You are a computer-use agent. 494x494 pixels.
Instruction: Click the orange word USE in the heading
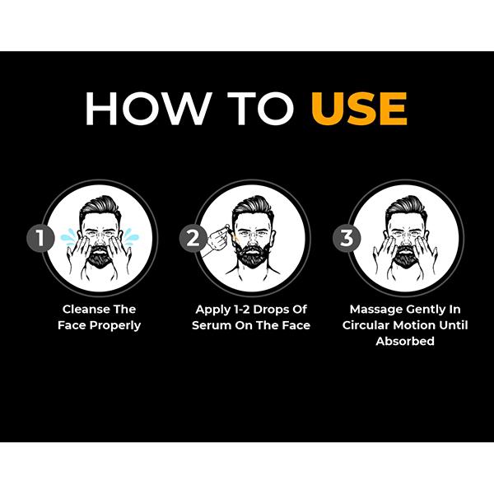[x=359, y=109]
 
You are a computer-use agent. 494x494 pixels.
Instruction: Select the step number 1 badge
[x=40, y=238]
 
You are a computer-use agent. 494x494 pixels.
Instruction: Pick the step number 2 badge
[x=193, y=238]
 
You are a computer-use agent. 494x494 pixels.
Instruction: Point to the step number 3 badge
[x=347, y=238]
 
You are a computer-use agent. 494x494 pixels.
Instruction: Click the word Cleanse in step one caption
[x=86, y=309]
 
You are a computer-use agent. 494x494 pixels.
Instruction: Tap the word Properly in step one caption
[x=115, y=326]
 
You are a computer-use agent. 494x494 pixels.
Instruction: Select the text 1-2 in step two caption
[x=241, y=310]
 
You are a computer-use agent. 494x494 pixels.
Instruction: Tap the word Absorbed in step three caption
[x=405, y=341]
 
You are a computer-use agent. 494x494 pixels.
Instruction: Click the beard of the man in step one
[x=100, y=257]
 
